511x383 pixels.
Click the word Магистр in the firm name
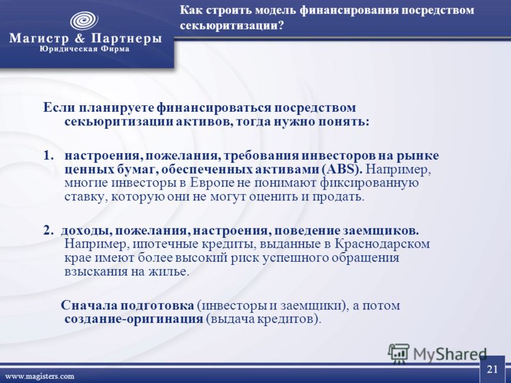pos(39,38)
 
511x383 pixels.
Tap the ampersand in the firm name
pos(79,38)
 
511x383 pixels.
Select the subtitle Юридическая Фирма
pos(84,49)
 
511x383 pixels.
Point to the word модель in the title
pos(275,10)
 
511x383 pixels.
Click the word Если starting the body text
pos(59,107)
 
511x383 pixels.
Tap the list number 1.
pos(48,156)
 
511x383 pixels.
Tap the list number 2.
pos(48,230)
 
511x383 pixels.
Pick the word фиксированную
pos(369,183)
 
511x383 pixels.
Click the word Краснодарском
pos(382,244)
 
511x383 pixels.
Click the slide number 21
pos(492,370)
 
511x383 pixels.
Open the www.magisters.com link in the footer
pos(40,377)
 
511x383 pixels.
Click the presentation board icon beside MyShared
pos(398,354)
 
